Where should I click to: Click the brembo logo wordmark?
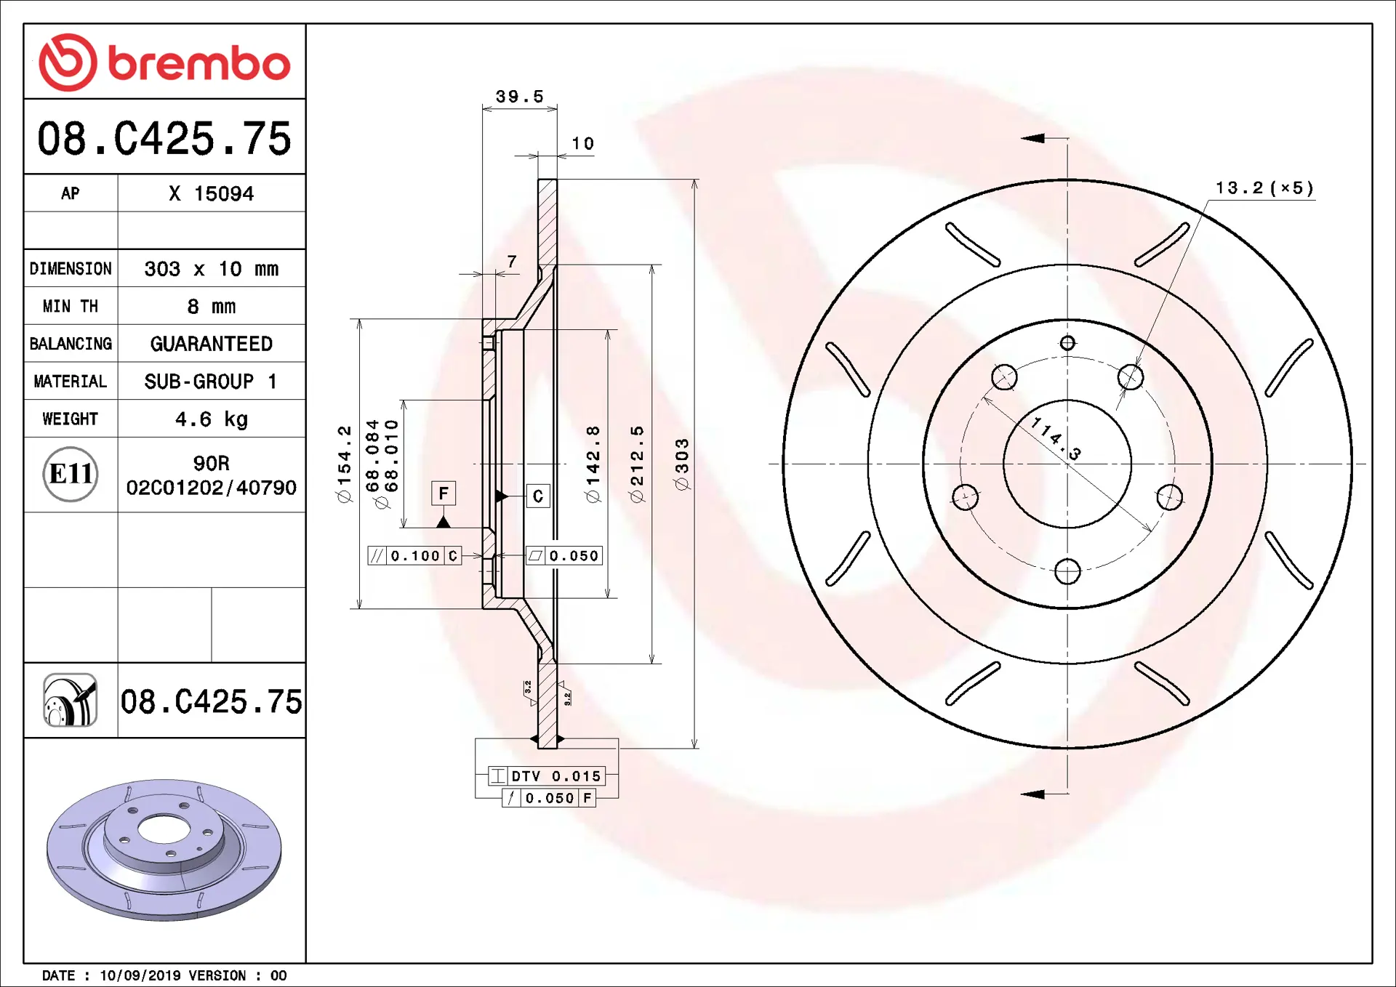click(199, 63)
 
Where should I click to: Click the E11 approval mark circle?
click(71, 475)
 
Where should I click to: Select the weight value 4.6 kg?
click(212, 419)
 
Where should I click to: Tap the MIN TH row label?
click(71, 306)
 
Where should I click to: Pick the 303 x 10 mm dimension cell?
click(212, 268)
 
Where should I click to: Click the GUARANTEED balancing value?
click(212, 344)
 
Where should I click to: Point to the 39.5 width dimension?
click(520, 96)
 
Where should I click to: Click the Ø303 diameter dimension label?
click(681, 464)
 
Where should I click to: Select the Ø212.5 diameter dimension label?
click(637, 464)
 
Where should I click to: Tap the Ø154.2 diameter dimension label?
click(344, 464)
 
